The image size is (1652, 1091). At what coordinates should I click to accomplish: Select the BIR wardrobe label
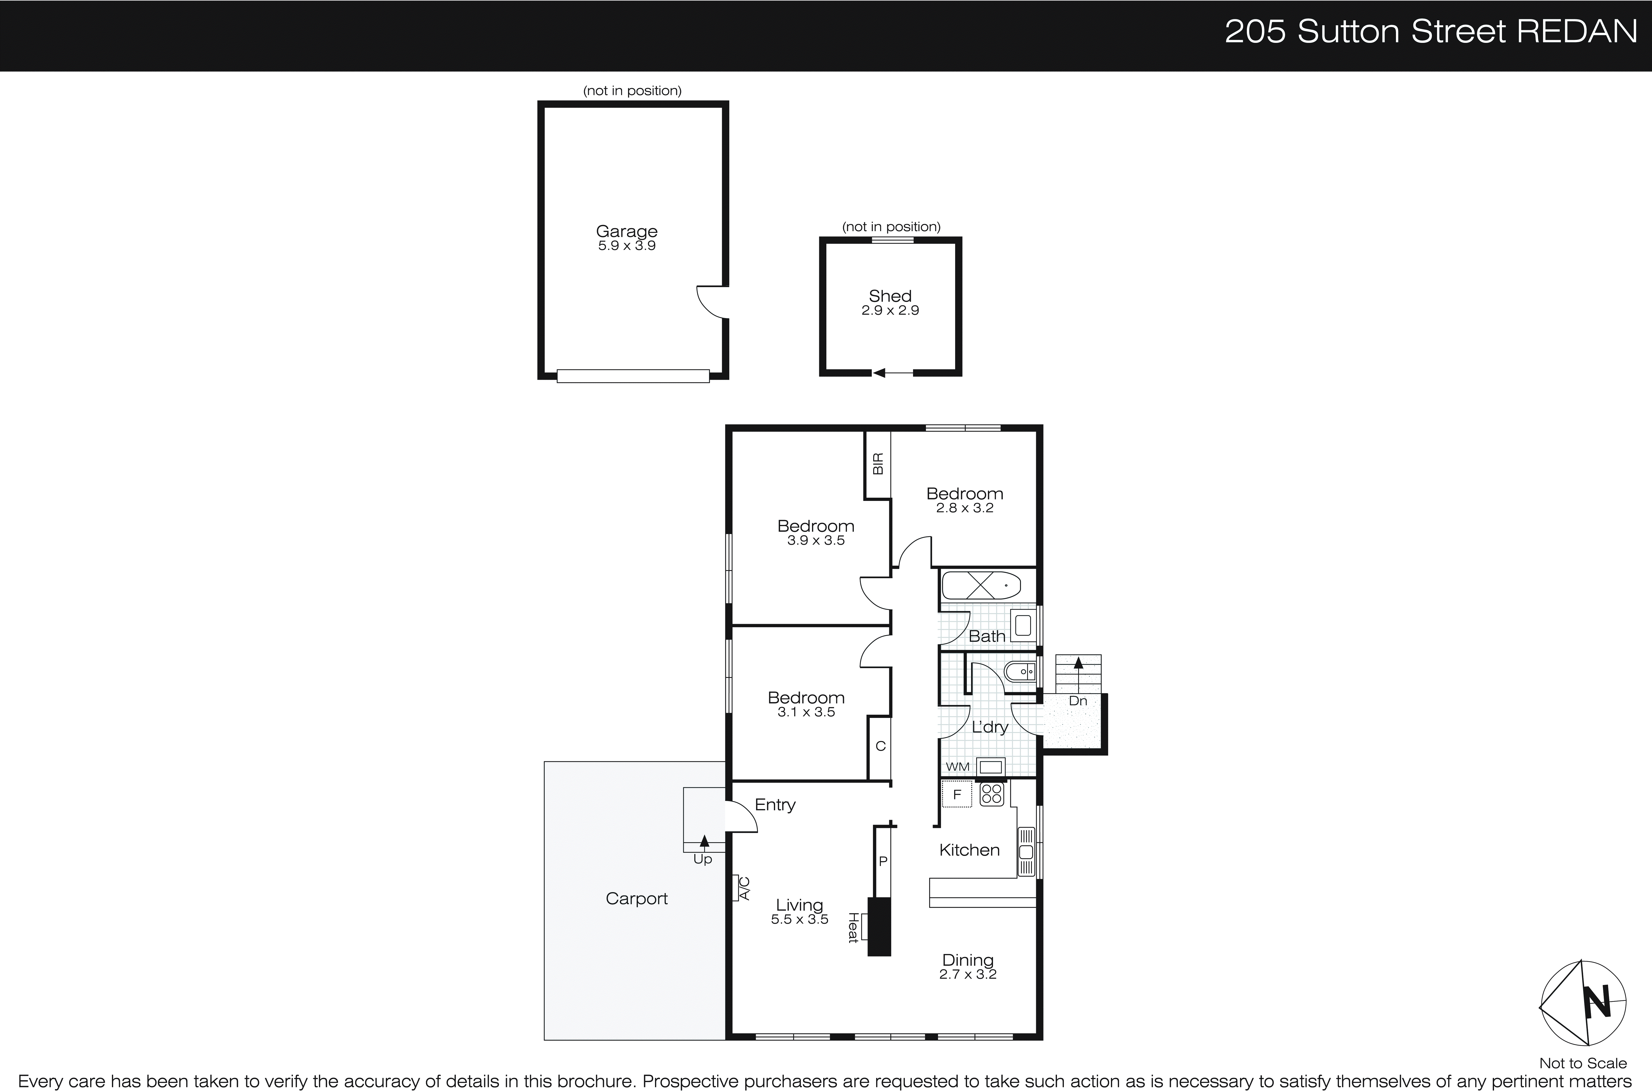[x=878, y=464]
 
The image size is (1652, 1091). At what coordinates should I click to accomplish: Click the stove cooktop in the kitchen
[x=991, y=794]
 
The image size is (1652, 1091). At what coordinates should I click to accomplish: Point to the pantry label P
[x=883, y=861]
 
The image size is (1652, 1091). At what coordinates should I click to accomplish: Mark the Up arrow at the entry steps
[x=704, y=842]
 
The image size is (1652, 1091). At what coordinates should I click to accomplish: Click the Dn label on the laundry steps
[x=1077, y=701]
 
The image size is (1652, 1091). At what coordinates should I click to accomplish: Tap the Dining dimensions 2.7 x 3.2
[x=968, y=974]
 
